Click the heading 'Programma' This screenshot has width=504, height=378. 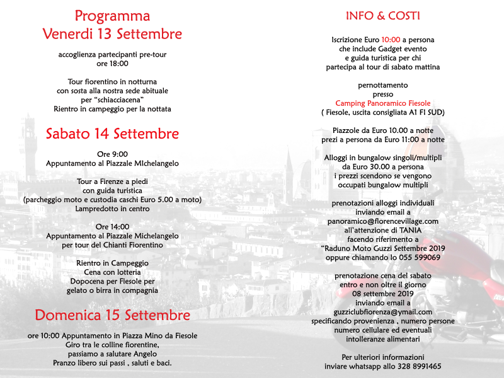(112, 16)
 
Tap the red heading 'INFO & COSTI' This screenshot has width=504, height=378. (382, 16)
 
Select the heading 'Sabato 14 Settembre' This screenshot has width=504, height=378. (112, 134)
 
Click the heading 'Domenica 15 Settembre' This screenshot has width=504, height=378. (112, 314)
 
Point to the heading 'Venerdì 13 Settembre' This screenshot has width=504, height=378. (112, 33)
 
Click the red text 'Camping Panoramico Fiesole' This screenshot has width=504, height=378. (383, 103)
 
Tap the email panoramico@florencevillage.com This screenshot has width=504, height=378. (383, 221)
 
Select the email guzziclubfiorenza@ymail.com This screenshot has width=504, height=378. (383, 312)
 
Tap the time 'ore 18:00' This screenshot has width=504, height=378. (112, 64)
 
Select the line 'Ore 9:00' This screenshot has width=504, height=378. (112, 154)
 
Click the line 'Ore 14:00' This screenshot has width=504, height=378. (112, 227)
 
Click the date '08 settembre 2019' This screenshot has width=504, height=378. (383, 294)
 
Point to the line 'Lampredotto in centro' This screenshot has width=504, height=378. (112, 209)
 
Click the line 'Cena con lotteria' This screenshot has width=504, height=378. (112, 272)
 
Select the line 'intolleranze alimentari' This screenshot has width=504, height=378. (383, 339)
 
